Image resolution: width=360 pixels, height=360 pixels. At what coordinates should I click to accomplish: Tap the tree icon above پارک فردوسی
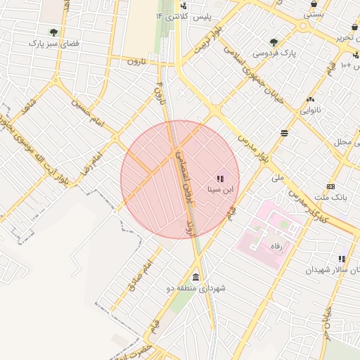(274, 41)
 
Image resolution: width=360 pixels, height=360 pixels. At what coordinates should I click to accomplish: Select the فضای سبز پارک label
(51, 43)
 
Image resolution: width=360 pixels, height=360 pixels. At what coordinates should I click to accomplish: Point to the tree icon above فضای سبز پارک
(53, 32)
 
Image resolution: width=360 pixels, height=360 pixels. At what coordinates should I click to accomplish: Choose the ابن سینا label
(220, 190)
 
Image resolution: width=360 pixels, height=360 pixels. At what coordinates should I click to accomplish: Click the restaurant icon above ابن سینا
(220, 179)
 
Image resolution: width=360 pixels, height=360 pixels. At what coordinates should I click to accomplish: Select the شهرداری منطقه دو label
(195, 288)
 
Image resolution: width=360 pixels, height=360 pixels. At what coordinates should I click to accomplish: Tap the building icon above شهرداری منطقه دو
(195, 277)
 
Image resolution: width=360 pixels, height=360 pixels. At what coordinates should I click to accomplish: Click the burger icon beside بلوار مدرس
(284, 133)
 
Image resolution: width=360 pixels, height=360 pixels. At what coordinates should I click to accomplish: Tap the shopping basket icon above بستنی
(314, 3)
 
